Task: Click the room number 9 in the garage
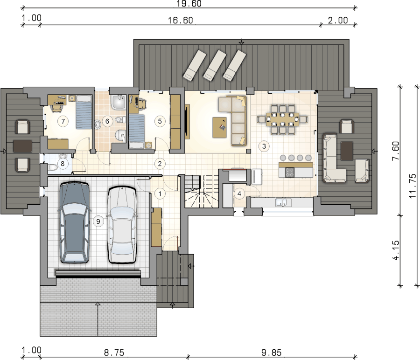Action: click(x=98, y=222)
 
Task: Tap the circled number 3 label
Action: click(x=264, y=146)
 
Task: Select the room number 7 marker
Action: click(x=63, y=121)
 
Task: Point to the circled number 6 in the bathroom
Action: click(x=107, y=121)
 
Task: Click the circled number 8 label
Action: click(x=63, y=163)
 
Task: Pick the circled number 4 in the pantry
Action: click(x=239, y=194)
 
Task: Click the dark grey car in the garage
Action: click(x=74, y=222)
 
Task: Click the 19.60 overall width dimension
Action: click(x=189, y=3)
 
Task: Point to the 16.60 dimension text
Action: click(x=180, y=21)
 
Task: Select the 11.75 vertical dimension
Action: click(x=413, y=186)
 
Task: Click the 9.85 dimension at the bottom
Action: click(x=271, y=353)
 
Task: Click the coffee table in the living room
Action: click(x=220, y=127)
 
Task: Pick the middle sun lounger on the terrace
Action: click(x=215, y=65)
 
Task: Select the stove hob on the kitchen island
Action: click(x=290, y=172)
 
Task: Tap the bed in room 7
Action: click(x=84, y=112)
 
